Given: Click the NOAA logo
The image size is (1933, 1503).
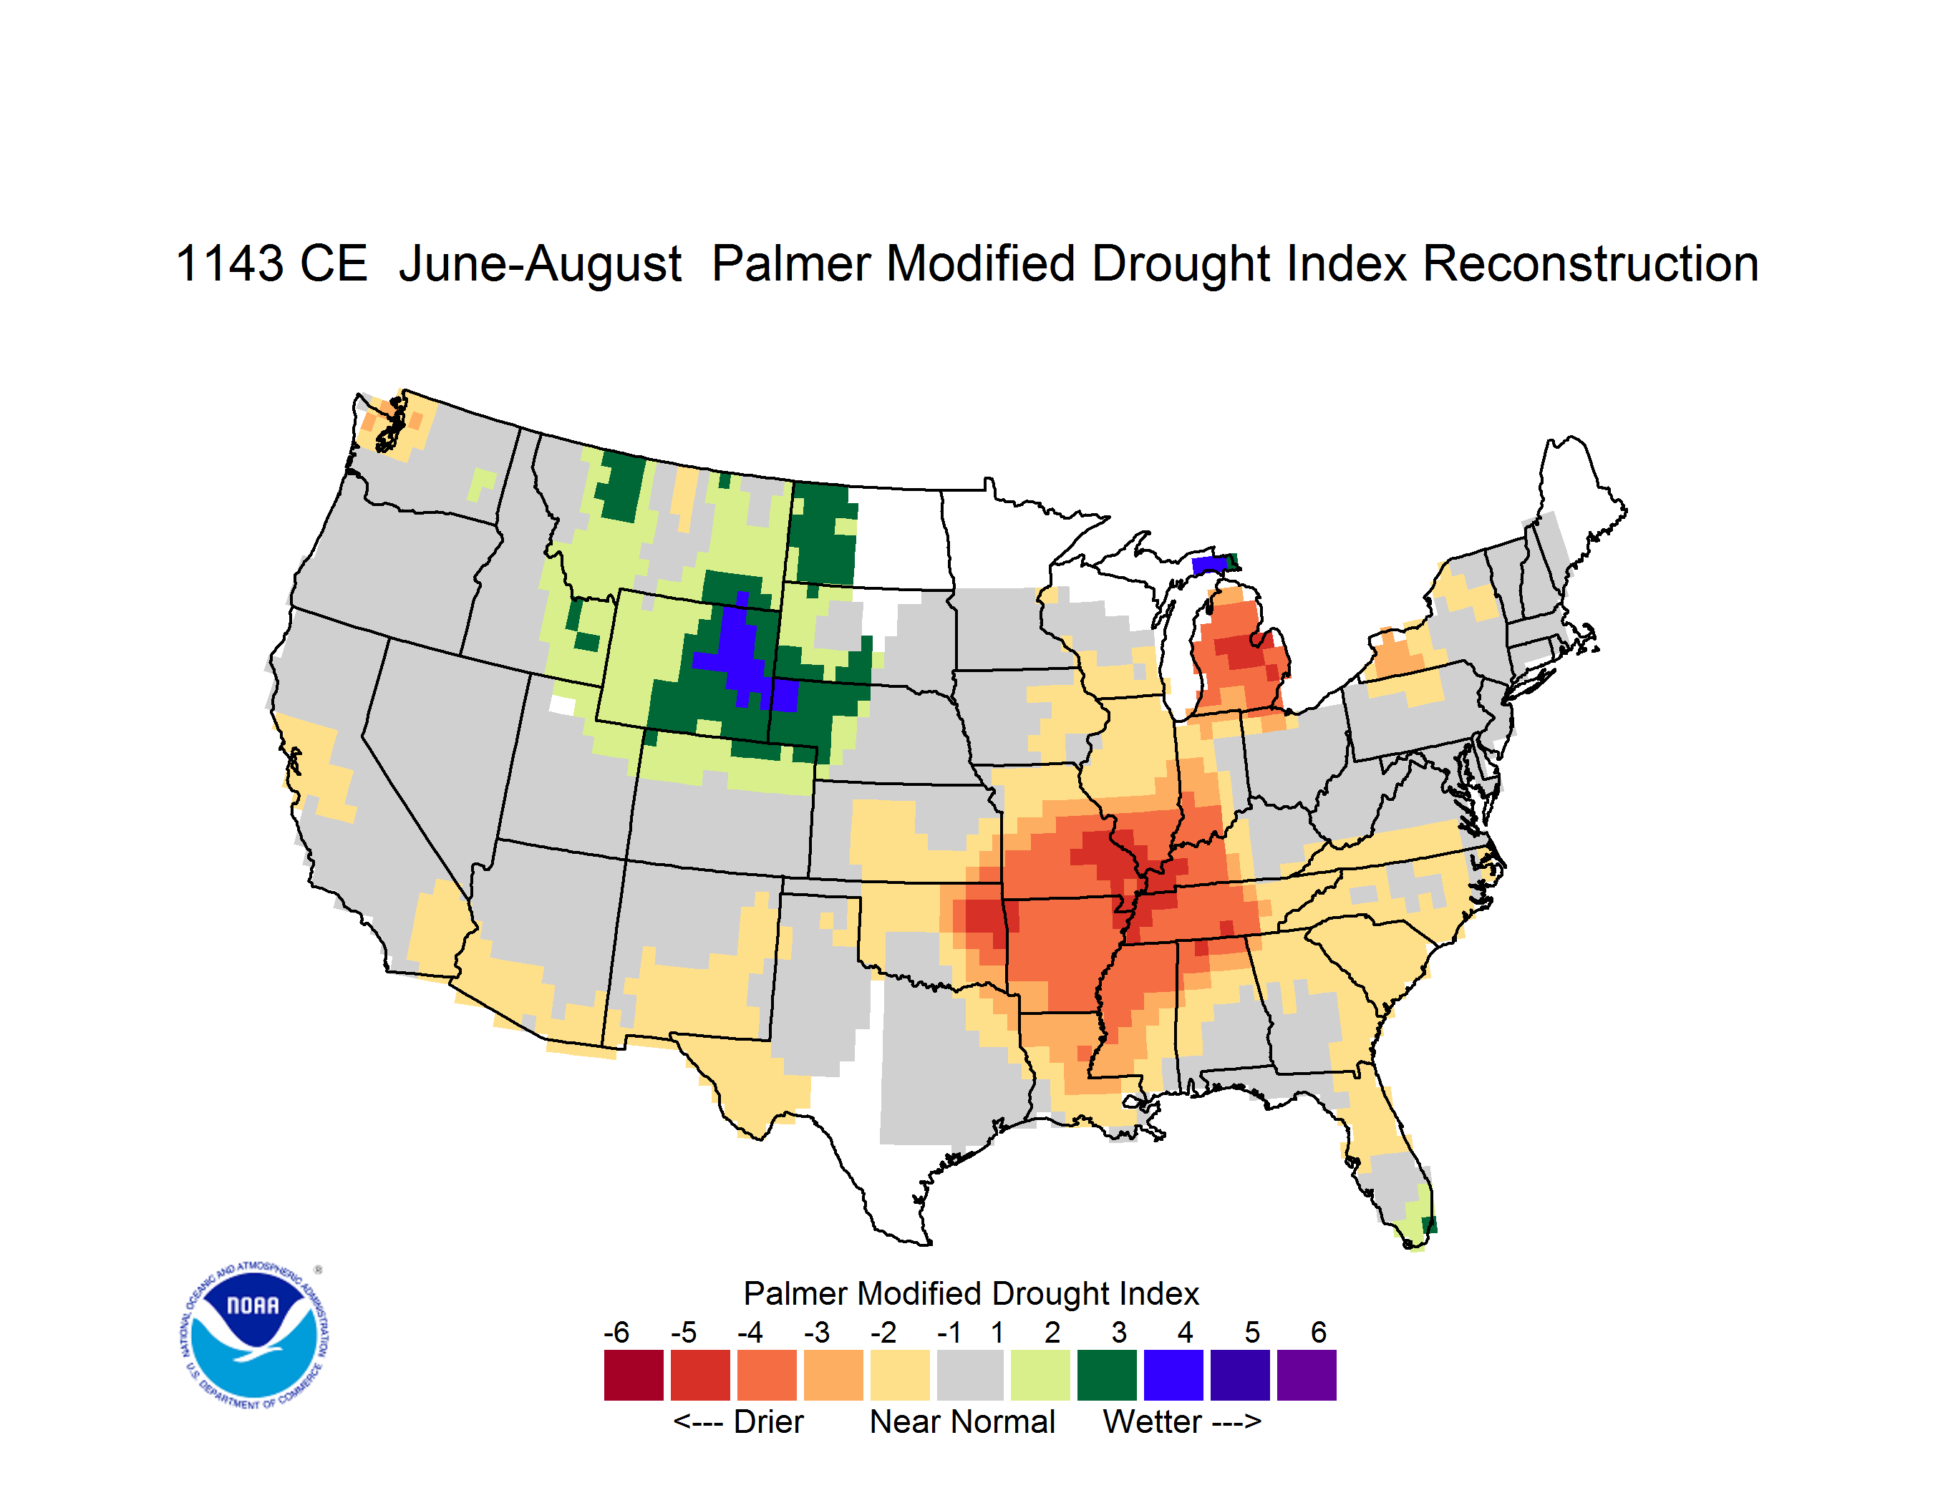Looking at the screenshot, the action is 255,1336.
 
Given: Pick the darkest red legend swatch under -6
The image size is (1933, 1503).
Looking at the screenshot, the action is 634,1375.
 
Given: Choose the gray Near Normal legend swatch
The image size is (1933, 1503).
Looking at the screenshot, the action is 970,1375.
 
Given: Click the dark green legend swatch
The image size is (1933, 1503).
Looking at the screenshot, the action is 1106,1375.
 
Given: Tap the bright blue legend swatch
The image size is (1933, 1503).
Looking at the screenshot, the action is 1173,1375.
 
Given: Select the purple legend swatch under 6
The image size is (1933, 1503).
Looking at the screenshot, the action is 1307,1375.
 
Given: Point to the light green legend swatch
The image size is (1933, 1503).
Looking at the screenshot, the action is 1040,1375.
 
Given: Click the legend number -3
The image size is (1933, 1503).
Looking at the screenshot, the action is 817,1331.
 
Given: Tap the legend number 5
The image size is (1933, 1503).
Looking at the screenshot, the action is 1252,1331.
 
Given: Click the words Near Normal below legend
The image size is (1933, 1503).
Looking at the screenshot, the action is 962,1421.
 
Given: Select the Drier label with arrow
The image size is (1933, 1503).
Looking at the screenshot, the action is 738,1421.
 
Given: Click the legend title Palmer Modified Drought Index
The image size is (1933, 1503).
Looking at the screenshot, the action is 971,1293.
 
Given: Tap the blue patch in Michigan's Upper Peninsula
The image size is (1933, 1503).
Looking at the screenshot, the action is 1209,565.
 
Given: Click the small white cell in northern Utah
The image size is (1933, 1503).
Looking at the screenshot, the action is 562,705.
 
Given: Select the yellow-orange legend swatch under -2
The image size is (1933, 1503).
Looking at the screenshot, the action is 900,1375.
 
